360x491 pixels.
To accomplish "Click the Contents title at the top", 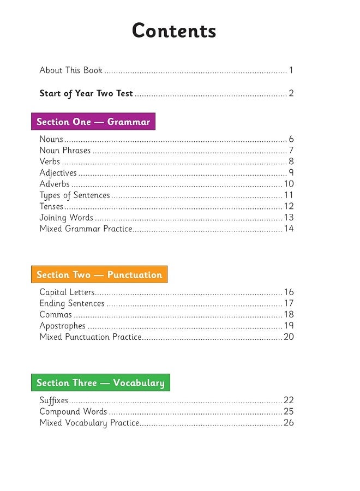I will click(174, 31).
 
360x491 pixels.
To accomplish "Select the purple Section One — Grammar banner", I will click(93, 122).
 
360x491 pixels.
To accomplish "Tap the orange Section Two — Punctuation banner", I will click(99, 274).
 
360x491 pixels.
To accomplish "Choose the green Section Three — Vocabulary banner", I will click(100, 382).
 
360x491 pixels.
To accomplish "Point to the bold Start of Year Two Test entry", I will click(86, 93).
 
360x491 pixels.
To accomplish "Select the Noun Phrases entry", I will click(65, 151).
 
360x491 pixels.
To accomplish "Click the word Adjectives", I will click(58, 173).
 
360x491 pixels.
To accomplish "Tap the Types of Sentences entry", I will click(75, 195).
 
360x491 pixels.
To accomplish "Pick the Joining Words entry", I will click(67, 218).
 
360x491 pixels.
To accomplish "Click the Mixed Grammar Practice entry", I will click(86, 229).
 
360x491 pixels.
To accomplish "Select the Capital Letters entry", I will click(67, 292).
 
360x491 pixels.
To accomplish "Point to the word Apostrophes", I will click(62, 326).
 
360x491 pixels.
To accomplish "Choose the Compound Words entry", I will click(73, 411).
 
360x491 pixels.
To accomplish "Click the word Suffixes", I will click(53, 400).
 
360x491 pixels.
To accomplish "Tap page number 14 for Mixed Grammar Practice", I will click(289, 229).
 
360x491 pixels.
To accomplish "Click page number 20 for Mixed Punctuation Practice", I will click(289, 337).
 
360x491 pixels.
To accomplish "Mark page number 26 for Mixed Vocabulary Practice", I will click(289, 423).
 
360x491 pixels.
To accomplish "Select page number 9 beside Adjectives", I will click(291, 173).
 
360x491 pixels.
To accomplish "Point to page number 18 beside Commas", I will click(289, 314).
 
